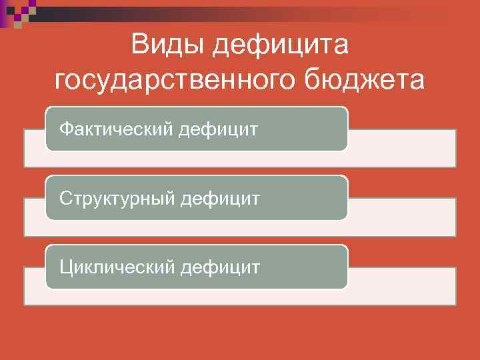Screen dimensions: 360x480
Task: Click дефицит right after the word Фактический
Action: [x=218, y=127]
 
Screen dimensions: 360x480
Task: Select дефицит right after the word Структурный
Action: [x=221, y=197]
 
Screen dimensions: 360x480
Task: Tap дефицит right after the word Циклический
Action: [x=219, y=267]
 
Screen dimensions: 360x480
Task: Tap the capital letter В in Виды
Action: [x=141, y=46]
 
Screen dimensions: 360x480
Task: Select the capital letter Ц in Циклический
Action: [x=65, y=267]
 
